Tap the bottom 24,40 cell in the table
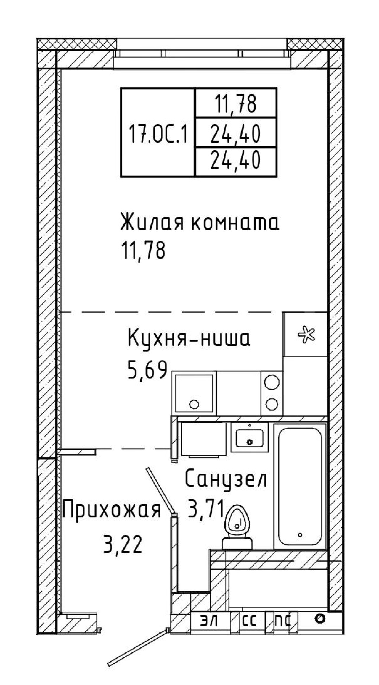click(x=236, y=162)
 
